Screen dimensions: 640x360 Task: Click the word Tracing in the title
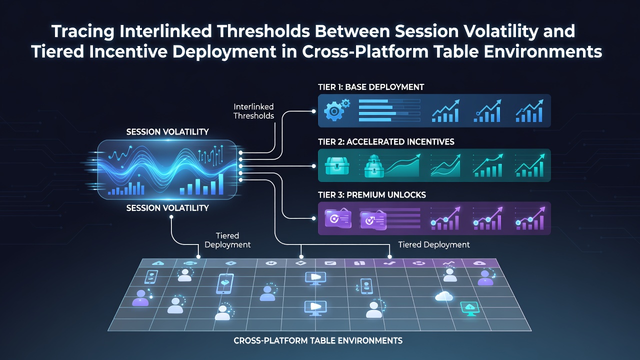(x=83, y=31)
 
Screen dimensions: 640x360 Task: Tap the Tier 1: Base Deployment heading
(x=371, y=87)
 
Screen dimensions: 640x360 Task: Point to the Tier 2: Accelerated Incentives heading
(x=386, y=141)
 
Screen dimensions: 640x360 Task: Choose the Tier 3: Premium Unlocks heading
(x=371, y=195)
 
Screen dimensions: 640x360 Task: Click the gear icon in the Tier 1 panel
(x=336, y=110)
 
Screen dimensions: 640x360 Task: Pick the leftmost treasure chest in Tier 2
(x=337, y=165)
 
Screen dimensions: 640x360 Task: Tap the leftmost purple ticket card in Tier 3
(x=338, y=219)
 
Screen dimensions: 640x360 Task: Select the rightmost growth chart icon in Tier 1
(x=529, y=111)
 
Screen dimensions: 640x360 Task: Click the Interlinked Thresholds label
(x=253, y=111)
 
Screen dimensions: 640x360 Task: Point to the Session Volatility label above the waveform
(x=167, y=131)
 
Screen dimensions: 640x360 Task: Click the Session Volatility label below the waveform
(x=167, y=208)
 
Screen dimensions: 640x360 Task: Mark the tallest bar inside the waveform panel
(x=220, y=184)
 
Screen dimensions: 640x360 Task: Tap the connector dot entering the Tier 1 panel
(x=313, y=111)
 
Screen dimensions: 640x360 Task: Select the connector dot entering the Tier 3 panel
(x=313, y=218)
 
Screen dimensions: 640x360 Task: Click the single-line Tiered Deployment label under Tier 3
(x=433, y=244)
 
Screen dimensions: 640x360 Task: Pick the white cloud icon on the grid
(x=443, y=296)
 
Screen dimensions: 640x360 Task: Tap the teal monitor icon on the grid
(x=469, y=309)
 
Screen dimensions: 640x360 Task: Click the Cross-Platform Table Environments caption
(x=318, y=340)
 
